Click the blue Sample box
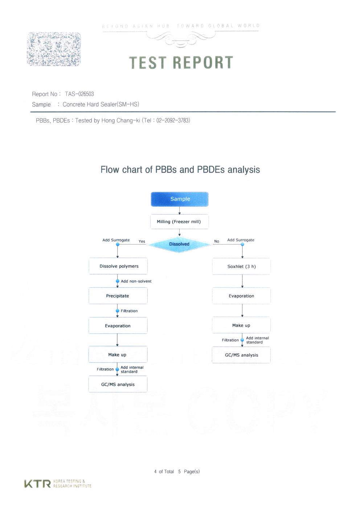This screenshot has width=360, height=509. (180, 199)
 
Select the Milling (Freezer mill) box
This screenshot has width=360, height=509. (179, 222)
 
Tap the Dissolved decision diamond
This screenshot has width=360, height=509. (179, 244)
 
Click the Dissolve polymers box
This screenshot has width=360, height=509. (118, 266)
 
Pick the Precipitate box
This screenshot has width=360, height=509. (118, 296)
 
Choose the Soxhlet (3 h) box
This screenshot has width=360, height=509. (241, 267)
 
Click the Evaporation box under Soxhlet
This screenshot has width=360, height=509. (241, 296)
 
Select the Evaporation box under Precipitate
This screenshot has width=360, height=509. (118, 326)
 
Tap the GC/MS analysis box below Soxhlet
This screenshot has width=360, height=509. (241, 355)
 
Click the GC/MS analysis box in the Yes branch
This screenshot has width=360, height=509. (118, 385)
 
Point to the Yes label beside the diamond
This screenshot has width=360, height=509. (142, 241)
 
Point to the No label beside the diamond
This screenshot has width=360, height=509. (217, 241)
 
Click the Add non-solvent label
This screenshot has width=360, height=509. (136, 281)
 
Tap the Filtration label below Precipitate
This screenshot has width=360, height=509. (129, 311)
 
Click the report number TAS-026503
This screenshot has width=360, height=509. (79, 94)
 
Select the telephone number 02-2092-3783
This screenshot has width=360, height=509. (173, 120)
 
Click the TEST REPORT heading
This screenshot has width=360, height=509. (181, 63)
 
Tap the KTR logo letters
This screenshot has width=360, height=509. (37, 484)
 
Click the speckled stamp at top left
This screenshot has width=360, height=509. (54, 49)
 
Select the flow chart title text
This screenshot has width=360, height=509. (180, 170)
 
